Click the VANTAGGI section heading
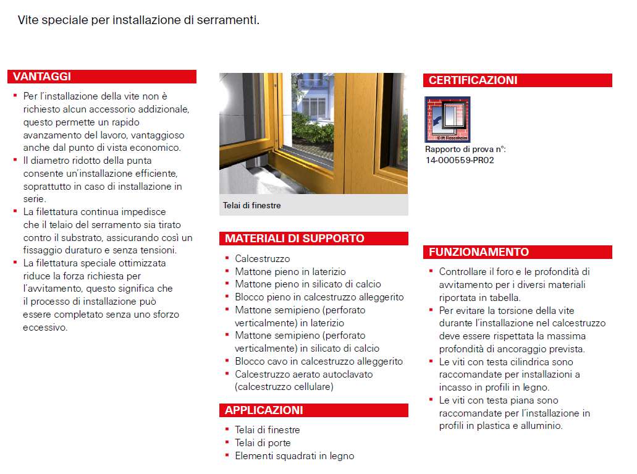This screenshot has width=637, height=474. click(42, 77)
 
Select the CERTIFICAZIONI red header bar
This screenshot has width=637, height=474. click(473, 80)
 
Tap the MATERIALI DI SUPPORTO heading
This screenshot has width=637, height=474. click(294, 239)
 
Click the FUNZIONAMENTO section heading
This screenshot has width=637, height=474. click(479, 252)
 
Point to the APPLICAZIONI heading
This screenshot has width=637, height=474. click(264, 410)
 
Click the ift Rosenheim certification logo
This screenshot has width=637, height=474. click(447, 119)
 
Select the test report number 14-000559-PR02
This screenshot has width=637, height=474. click(459, 160)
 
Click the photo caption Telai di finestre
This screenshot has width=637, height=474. click(251, 205)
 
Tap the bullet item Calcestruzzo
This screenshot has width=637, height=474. click(262, 259)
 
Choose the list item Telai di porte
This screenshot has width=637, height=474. click(263, 443)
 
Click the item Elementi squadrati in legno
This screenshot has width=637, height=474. click(294, 456)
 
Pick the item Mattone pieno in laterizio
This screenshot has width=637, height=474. click(290, 272)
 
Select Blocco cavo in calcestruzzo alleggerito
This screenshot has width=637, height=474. click(318, 362)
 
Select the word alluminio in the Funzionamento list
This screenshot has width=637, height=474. click(541, 426)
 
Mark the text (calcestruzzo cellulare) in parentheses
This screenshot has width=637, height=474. click(284, 387)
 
